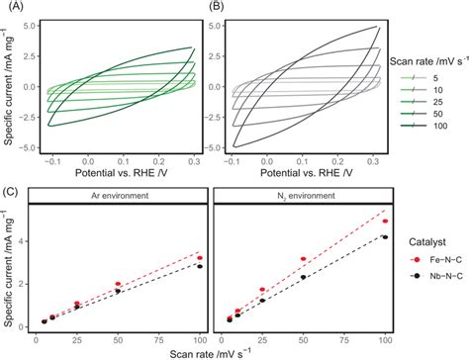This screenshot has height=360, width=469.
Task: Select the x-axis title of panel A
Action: coord(119,171)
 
